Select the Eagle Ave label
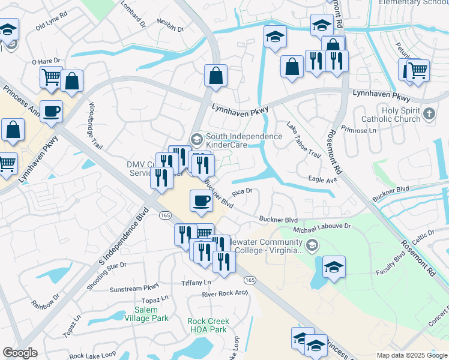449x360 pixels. [322, 179]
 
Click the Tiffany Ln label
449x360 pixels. [197, 282]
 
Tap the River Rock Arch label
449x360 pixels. [224, 293]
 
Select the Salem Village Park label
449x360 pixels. [143, 314]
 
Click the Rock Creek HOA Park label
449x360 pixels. [207, 325]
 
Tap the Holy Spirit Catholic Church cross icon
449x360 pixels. [429, 113]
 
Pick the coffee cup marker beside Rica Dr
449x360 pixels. [202, 201]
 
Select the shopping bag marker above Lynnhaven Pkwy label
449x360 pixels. [215, 76]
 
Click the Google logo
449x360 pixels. [20, 353]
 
